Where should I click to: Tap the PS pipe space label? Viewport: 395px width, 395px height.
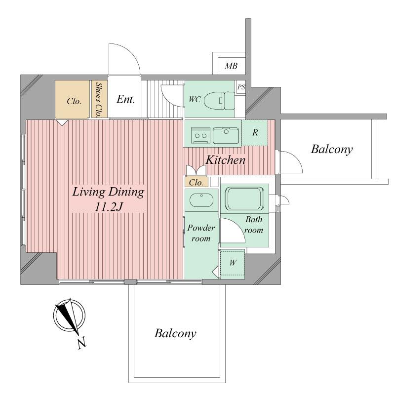point(241,87)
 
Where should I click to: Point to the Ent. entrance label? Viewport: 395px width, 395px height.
point(126,99)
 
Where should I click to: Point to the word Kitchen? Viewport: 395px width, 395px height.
point(225,160)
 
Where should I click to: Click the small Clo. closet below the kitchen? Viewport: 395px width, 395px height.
point(197,182)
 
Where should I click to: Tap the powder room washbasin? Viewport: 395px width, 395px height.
point(201,200)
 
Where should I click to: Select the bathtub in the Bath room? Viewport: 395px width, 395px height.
point(245,199)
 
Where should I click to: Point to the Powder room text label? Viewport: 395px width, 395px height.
point(200,233)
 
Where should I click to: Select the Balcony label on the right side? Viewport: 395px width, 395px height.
point(331,150)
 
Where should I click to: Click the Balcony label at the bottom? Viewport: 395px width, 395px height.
point(175,333)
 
